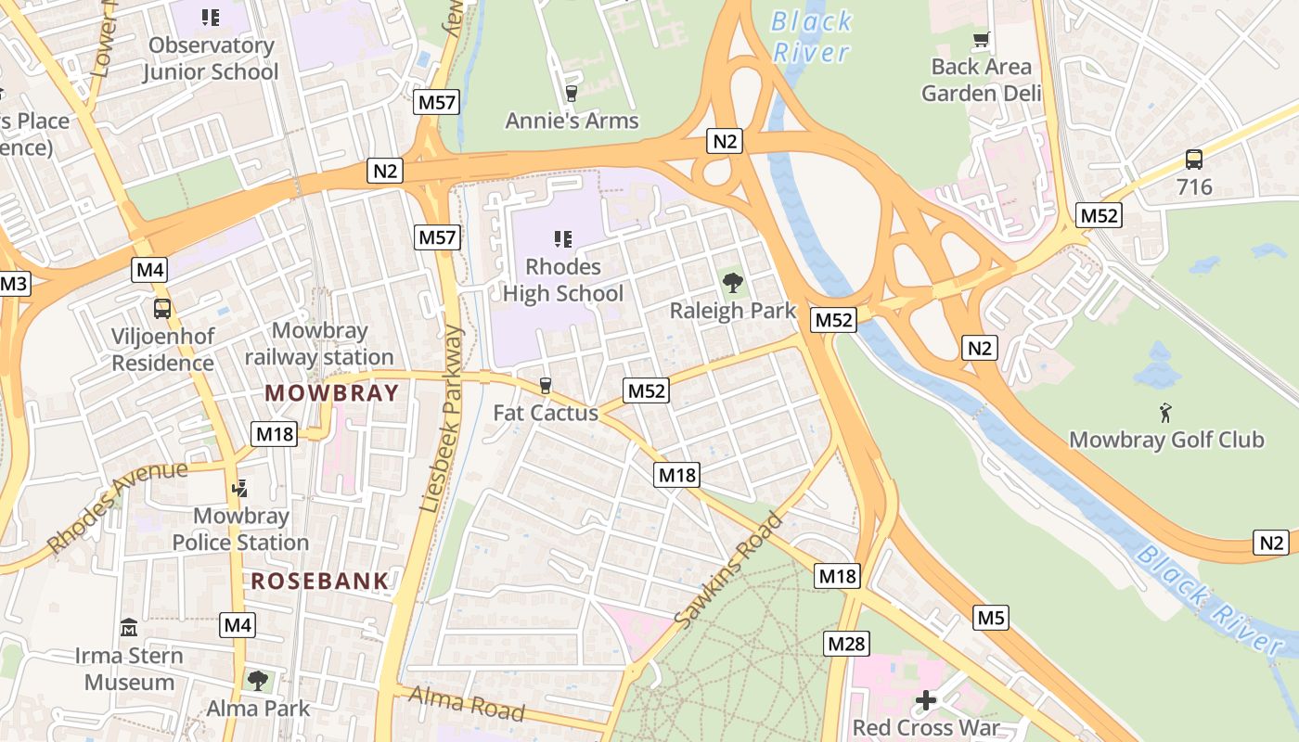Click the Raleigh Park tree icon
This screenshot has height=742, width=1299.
pos(732,282)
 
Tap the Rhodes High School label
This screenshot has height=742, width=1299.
pos(562,280)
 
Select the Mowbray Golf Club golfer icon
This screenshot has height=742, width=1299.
pos(1165,412)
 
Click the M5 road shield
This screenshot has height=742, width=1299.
pos(991,617)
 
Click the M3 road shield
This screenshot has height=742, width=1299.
pos(13,284)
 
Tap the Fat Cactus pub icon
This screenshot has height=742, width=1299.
pos(546,386)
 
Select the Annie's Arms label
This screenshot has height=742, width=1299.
pos(572,121)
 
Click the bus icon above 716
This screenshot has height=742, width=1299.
pos(1193,160)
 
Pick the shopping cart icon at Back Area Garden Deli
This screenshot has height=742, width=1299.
pos(981,40)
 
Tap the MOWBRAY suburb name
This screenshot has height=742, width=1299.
pos(331,392)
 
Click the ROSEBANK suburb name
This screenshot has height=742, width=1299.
pos(320,582)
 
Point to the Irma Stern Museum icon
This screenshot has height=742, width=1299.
pos(129,628)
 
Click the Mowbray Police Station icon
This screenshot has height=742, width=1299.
pos(239,487)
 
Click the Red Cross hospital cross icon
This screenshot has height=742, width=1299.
pos(925,700)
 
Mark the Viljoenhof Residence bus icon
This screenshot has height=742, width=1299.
pos(162,308)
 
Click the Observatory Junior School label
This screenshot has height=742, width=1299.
pos(211,58)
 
